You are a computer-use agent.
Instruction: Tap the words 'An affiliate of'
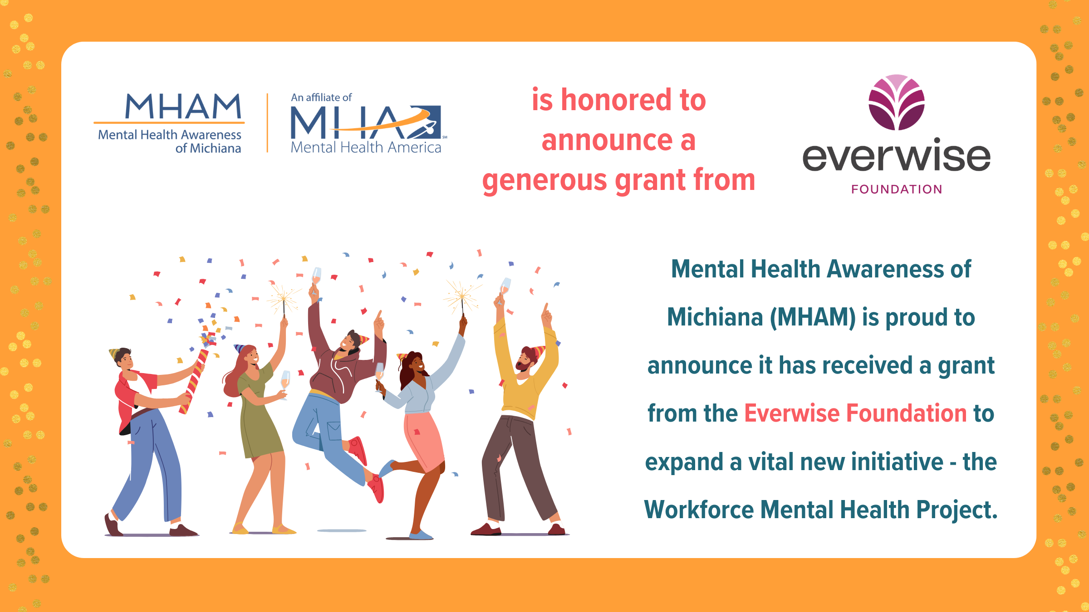pyautogui.click(x=321, y=97)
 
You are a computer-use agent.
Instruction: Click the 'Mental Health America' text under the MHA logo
pyautogui.click(x=366, y=147)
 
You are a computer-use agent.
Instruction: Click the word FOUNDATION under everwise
pyautogui.click(x=897, y=189)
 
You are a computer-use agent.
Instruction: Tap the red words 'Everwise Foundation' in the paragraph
pyautogui.click(x=855, y=413)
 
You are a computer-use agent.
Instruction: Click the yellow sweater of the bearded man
pyautogui.click(x=522, y=390)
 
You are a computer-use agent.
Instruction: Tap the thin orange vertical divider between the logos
pyautogui.click(x=267, y=123)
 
